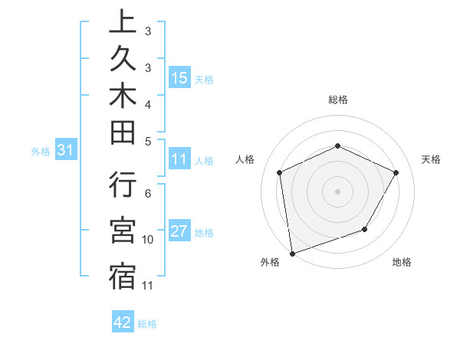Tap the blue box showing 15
[x=179, y=78]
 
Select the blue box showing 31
[x=65, y=151]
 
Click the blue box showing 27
[x=179, y=232]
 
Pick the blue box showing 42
[x=123, y=322]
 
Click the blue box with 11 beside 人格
[x=179, y=160]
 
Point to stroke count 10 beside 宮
[x=149, y=240]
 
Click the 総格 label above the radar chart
[x=337, y=100]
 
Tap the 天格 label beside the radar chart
[x=431, y=159]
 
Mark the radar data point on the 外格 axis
[x=292, y=253]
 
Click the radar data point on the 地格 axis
[x=365, y=229]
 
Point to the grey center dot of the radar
[x=337, y=191]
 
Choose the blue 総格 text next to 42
[x=147, y=323]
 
